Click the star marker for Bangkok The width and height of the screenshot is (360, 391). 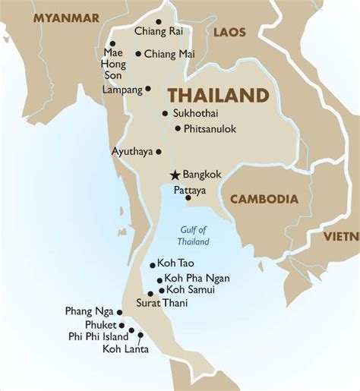[x=175, y=174]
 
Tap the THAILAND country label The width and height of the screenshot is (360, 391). [x=218, y=96]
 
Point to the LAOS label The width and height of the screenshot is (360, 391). [x=230, y=32]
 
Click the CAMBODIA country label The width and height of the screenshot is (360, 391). [x=264, y=199]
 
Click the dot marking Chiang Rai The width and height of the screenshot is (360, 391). [x=159, y=22]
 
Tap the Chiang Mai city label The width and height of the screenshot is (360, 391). [x=165, y=53]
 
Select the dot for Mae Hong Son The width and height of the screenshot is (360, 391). [x=112, y=43]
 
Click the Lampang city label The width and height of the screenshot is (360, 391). [x=122, y=90]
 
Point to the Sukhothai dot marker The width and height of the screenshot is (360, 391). [x=165, y=113]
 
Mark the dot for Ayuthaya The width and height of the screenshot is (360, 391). [x=159, y=151]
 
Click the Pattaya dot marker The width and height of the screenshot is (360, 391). [x=188, y=197]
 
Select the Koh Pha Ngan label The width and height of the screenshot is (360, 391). [x=197, y=278]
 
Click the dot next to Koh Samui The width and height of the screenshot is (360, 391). [x=161, y=290]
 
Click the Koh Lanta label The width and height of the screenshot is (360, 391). [x=126, y=349]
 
